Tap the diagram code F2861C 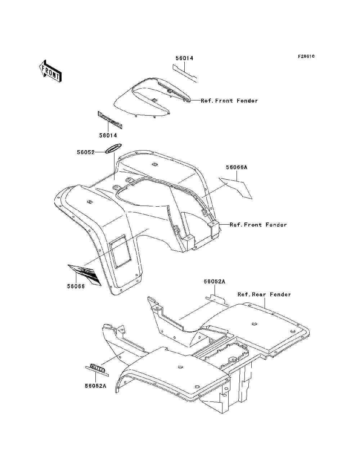coord(306,57)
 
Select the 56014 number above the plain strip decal coord(184,58)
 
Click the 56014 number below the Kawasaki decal coord(108,135)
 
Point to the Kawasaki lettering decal coord(110,120)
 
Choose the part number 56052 coord(85,152)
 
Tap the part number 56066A coord(237,167)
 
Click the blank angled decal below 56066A coord(236,188)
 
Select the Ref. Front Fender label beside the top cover coord(229,101)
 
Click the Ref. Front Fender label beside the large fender coord(258,225)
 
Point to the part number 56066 coord(76,287)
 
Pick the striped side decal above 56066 coord(84,274)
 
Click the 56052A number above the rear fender coord(215,282)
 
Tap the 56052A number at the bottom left coord(95,386)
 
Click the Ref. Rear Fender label coord(264,295)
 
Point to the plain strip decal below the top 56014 coord(184,72)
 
